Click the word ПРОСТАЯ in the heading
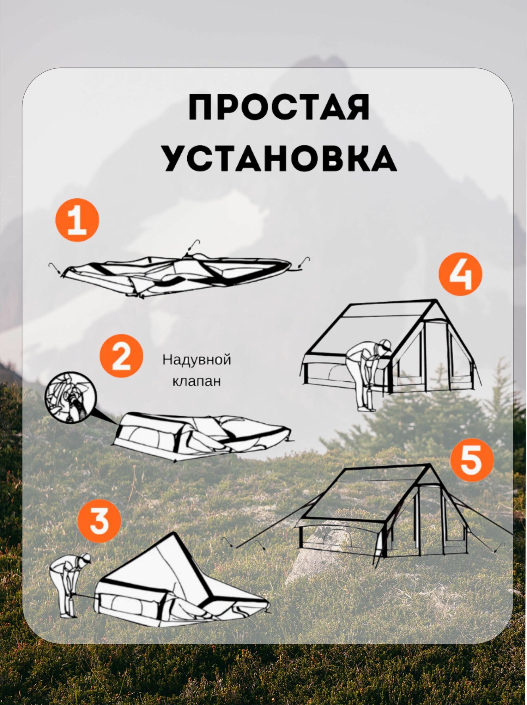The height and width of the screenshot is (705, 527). click(279, 107)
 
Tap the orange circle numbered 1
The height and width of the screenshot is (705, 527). click(77, 220)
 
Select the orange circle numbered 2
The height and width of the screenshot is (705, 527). click(121, 356)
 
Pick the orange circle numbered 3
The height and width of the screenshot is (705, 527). click(99, 521)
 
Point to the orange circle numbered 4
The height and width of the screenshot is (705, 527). click(460, 274)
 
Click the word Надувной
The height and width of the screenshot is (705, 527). click(197, 360)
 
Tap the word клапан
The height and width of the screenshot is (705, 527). click(196, 381)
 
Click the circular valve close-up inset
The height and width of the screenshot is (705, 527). click(70, 397)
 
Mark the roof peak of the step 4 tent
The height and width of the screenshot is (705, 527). click(436, 300)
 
